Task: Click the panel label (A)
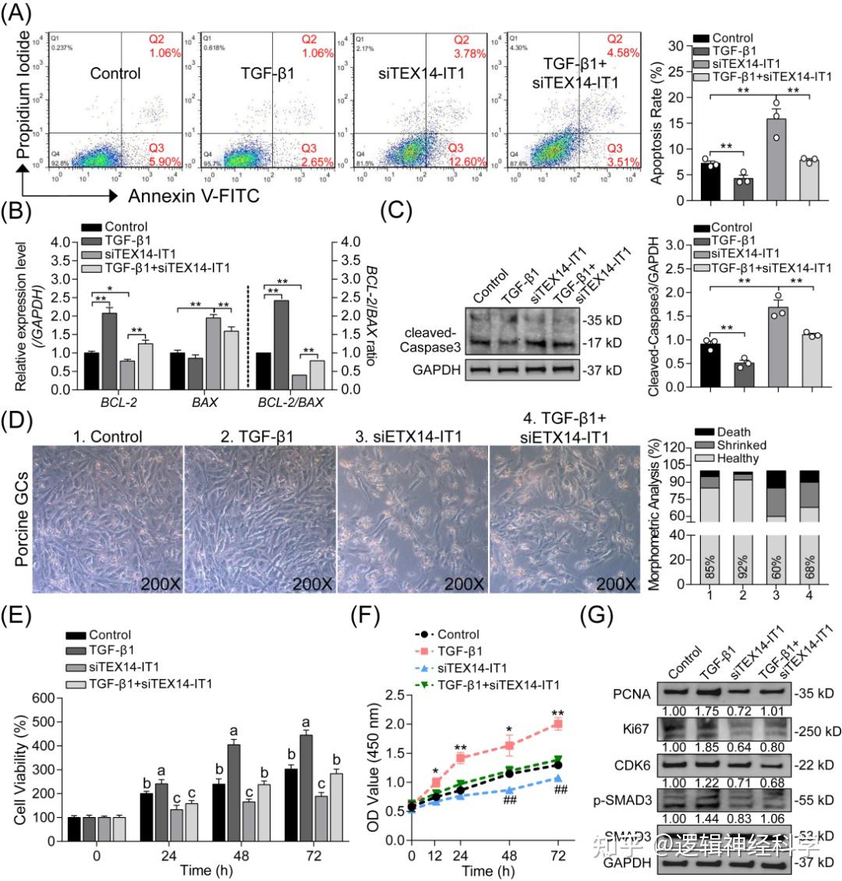tap(17, 15)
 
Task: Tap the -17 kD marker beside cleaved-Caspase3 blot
tap(602, 341)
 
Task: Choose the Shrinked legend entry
tap(741, 445)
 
